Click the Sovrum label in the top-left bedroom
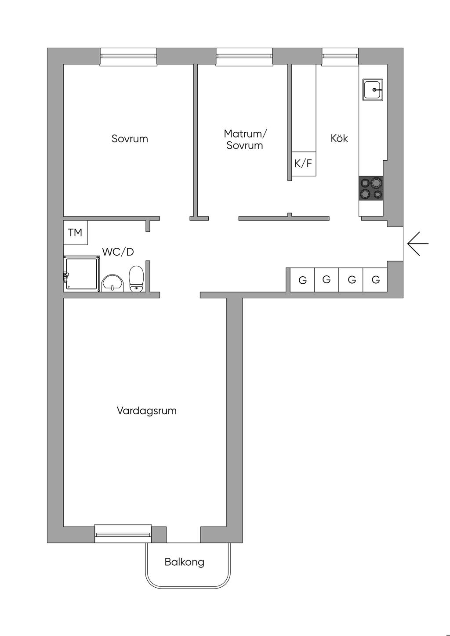(130, 139)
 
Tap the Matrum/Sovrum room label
(245, 139)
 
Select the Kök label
(339, 138)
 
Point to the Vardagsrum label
(147, 411)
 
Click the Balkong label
(185, 562)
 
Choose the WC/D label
(118, 252)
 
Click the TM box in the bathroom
(75, 232)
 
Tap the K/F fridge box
(303, 164)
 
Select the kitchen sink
(373, 89)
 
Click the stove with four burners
(371, 188)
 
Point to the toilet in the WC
(136, 279)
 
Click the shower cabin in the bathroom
(81, 274)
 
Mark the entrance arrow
(417, 243)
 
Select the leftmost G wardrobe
(302, 280)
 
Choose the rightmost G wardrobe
(375, 279)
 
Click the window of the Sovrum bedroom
(128, 56)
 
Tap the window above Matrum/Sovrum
(244, 56)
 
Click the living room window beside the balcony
(123, 534)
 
